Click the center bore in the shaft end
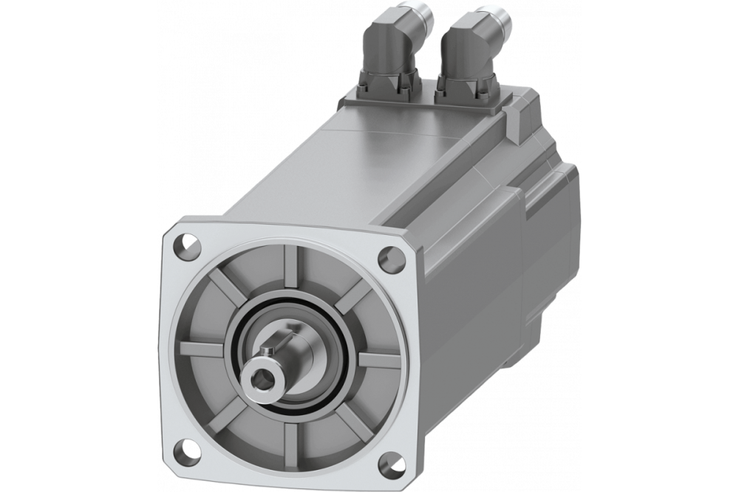pos(261,378)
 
